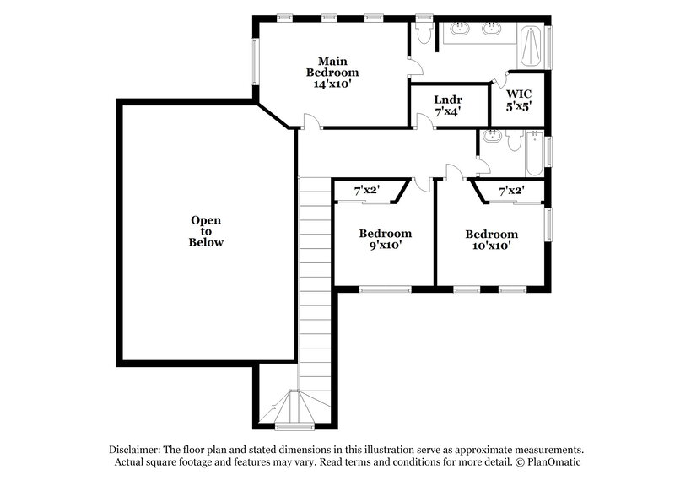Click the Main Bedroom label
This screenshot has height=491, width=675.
tap(332, 73)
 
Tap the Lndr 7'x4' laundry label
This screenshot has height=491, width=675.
tap(448, 105)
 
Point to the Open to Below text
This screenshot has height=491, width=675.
tap(206, 231)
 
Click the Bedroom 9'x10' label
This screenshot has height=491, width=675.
tap(385, 240)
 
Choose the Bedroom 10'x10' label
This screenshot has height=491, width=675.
tap(491, 240)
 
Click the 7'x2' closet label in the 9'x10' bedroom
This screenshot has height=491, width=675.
tap(367, 192)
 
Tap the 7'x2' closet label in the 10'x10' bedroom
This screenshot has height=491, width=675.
tap(511, 192)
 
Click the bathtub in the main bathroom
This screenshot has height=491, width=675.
tap(530, 49)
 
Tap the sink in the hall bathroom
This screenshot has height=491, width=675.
tap(492, 137)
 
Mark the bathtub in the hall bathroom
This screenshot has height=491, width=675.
tap(536, 152)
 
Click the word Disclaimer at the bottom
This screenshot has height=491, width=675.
tap(138, 450)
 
